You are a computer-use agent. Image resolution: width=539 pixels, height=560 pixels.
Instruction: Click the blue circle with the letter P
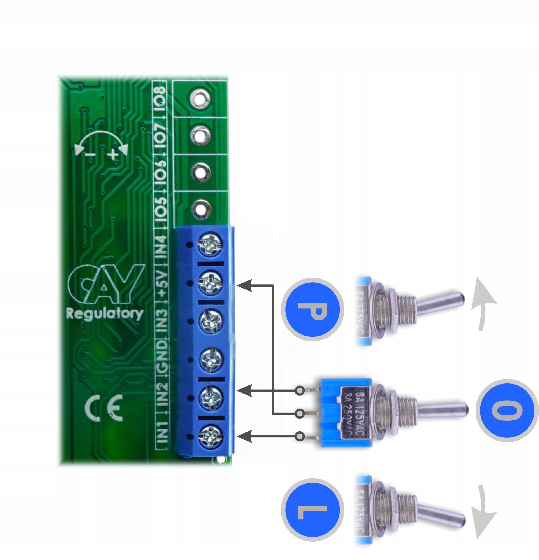click(x=312, y=310)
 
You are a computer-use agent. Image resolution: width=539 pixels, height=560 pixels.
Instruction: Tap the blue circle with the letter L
click(x=312, y=510)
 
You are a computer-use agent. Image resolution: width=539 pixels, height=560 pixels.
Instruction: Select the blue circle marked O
click(x=507, y=411)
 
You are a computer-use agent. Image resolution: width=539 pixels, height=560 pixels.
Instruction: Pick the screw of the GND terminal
click(x=211, y=359)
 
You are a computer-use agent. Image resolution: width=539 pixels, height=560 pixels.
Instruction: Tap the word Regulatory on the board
click(x=105, y=314)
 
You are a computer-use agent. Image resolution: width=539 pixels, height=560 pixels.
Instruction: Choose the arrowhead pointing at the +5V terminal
click(x=245, y=285)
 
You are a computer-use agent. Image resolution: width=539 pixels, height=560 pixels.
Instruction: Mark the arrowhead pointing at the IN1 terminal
click(x=245, y=436)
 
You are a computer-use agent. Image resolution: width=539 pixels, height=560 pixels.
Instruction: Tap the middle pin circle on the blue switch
click(x=300, y=413)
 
